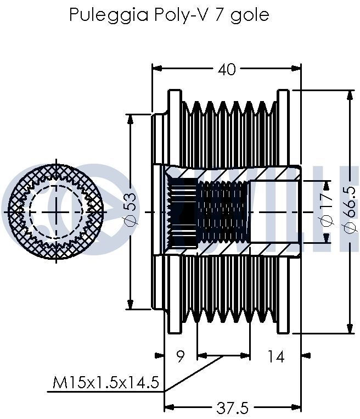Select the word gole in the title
(251, 15)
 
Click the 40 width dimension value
(227, 69)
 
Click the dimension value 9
(181, 357)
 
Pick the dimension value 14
(276, 357)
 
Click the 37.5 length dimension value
(233, 408)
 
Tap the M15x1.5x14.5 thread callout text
(106, 382)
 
